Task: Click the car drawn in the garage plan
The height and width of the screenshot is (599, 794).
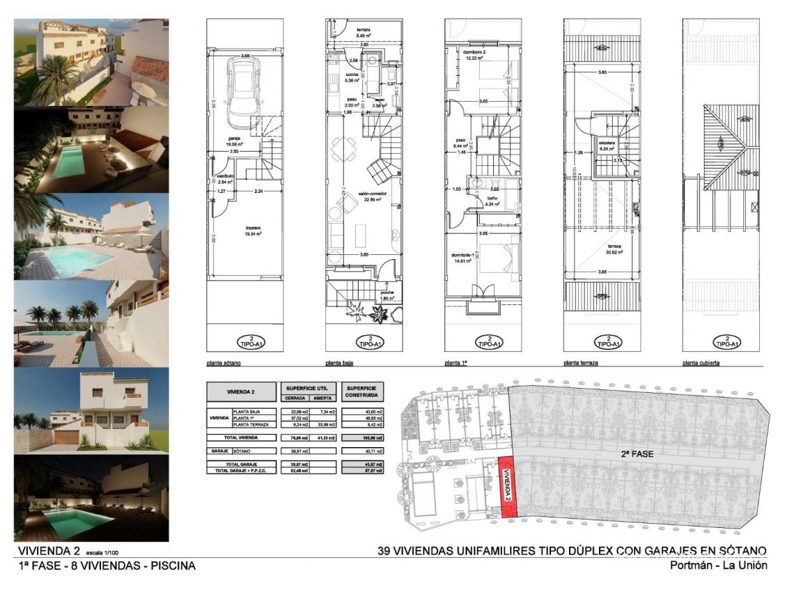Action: pos(244,86)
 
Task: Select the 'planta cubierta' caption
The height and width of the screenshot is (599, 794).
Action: pos(702,364)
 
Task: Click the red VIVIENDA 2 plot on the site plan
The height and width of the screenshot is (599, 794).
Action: pos(508,486)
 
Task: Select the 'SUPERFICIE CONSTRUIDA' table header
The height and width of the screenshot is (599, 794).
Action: pos(364,391)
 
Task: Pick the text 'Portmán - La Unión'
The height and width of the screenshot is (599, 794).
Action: pos(718,566)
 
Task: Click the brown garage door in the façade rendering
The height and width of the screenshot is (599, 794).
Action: pos(67,437)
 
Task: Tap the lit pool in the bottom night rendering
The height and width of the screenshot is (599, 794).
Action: pos(66,516)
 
